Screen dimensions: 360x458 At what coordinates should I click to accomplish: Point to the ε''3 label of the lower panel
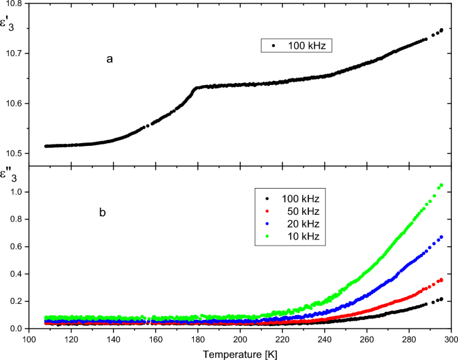(x=9, y=176)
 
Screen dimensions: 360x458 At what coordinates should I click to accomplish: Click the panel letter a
(x=109, y=60)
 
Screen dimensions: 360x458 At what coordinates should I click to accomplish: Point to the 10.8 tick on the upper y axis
(x=14, y=4)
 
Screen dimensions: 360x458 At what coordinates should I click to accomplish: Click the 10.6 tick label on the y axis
(x=14, y=104)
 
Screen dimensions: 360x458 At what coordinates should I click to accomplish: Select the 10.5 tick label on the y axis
(x=14, y=154)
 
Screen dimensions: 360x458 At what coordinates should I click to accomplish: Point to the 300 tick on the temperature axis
(x=451, y=339)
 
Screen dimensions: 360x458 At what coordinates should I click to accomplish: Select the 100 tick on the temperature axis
(x=29, y=339)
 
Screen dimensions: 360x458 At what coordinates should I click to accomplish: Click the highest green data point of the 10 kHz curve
(x=441, y=185)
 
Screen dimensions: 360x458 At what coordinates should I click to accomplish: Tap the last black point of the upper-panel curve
(x=441, y=30)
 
